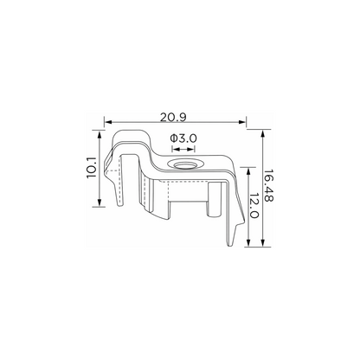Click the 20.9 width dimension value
pyautogui.click(x=173, y=117)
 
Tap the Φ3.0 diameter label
pyautogui.click(x=183, y=138)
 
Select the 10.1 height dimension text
pyautogui.click(x=92, y=168)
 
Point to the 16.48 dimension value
pyautogui.click(x=268, y=185)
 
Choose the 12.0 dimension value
pyautogui.click(x=254, y=206)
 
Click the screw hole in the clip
pyautogui.click(x=183, y=164)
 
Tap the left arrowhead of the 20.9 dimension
pyautogui.click(x=107, y=122)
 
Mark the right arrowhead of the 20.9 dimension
pyautogui.click(x=242, y=122)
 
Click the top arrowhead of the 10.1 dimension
pyautogui.click(x=100, y=133)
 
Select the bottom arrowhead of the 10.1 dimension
pyautogui.click(x=100, y=202)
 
